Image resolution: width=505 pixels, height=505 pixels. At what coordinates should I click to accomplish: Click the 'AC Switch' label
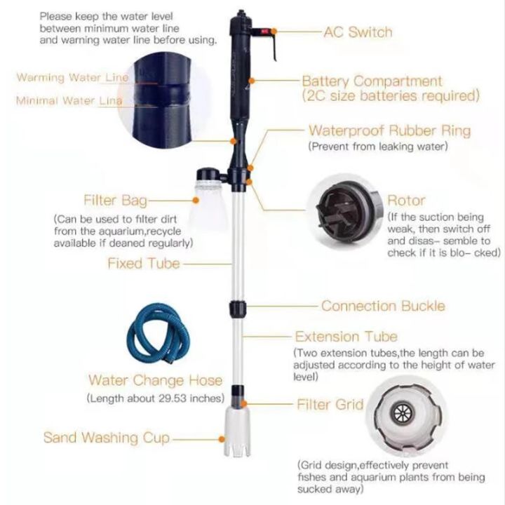[x=358, y=32]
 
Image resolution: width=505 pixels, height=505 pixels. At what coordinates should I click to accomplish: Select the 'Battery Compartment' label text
[x=372, y=81]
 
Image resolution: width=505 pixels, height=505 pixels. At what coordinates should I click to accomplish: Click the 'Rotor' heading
[x=406, y=201]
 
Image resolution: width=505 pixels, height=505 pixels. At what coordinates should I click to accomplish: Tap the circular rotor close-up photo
[x=347, y=211]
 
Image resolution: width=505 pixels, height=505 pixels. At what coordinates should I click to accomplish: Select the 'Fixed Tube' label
[x=143, y=264]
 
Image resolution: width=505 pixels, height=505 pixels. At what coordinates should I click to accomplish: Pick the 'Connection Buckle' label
[x=383, y=306]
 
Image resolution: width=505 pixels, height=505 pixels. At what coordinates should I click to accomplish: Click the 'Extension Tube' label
[x=346, y=337]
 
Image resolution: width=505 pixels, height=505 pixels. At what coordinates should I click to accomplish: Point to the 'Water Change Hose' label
[x=155, y=381]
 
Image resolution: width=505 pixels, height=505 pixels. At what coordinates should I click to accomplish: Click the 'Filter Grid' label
[x=330, y=405]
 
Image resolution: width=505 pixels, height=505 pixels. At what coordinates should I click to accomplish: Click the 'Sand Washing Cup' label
[x=106, y=438]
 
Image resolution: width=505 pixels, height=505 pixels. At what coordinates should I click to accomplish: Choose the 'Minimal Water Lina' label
[x=69, y=101]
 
